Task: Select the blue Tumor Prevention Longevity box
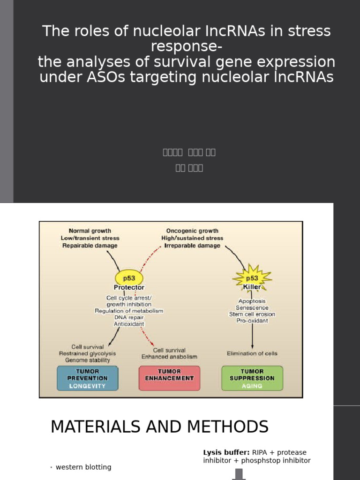(87, 378)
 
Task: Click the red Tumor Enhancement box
(169, 378)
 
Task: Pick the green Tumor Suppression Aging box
(252, 378)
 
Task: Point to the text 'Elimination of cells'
(252, 353)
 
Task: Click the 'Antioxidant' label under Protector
(129, 324)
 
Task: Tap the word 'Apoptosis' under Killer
(252, 301)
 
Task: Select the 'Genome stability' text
(88, 360)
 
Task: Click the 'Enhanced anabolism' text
(170, 357)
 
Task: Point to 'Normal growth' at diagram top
(90, 231)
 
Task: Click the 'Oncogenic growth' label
(192, 231)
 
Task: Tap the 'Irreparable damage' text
(192, 246)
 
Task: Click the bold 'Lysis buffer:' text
(226, 452)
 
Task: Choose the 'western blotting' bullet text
(83, 467)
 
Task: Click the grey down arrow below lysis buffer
(240, 474)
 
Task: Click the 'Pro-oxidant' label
(252, 321)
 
